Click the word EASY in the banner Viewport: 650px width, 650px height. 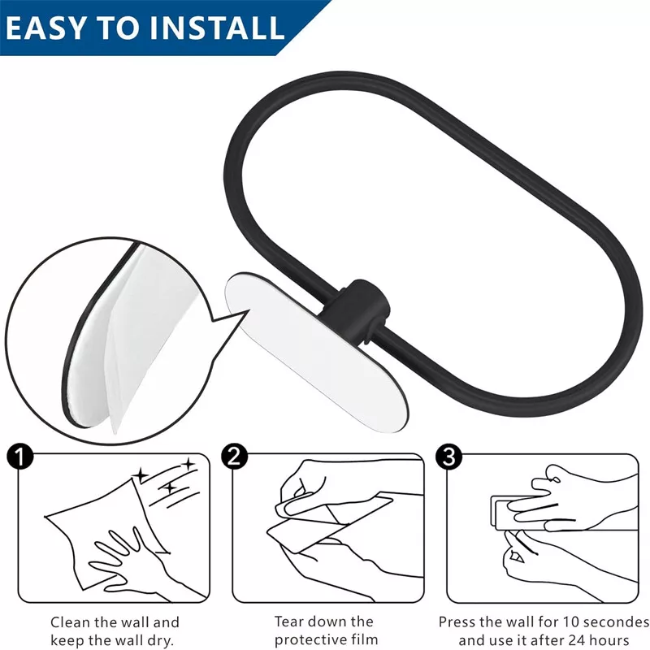coord(45,28)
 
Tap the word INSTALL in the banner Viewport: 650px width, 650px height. coord(217,28)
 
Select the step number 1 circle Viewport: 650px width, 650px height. coord(20,457)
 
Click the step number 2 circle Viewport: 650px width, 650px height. coord(235,457)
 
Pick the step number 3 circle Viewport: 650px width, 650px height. coord(449,457)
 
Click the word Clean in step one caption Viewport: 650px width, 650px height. coord(70,622)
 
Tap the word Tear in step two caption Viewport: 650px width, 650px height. coord(288,622)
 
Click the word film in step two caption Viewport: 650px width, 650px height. coord(363,639)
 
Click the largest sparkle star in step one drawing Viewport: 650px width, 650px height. coord(140,475)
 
